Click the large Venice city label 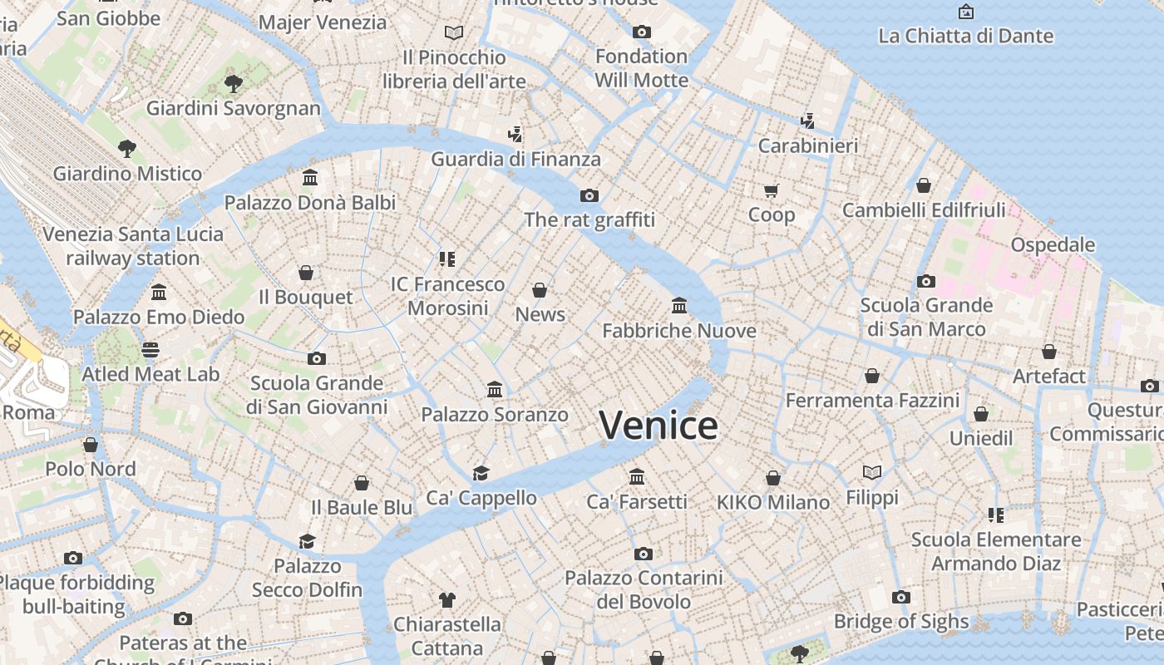[658, 426]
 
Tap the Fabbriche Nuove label [678, 331]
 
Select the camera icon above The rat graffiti [589, 196]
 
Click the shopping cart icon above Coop [771, 191]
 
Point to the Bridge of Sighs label [900, 622]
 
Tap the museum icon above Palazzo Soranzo [495, 389]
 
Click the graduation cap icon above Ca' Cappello [481, 474]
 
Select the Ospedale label [1053, 245]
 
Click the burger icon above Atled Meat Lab [150, 350]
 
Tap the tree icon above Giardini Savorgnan [233, 83]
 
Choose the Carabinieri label [807, 146]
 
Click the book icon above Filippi [871, 473]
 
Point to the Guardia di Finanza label [515, 160]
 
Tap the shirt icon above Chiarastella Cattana [447, 599]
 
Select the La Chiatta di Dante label [965, 37]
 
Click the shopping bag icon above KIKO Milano [773, 478]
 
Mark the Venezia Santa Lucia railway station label [133, 246]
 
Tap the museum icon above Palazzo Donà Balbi [310, 178]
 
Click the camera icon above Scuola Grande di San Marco [925, 281]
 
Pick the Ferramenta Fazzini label [872, 401]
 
